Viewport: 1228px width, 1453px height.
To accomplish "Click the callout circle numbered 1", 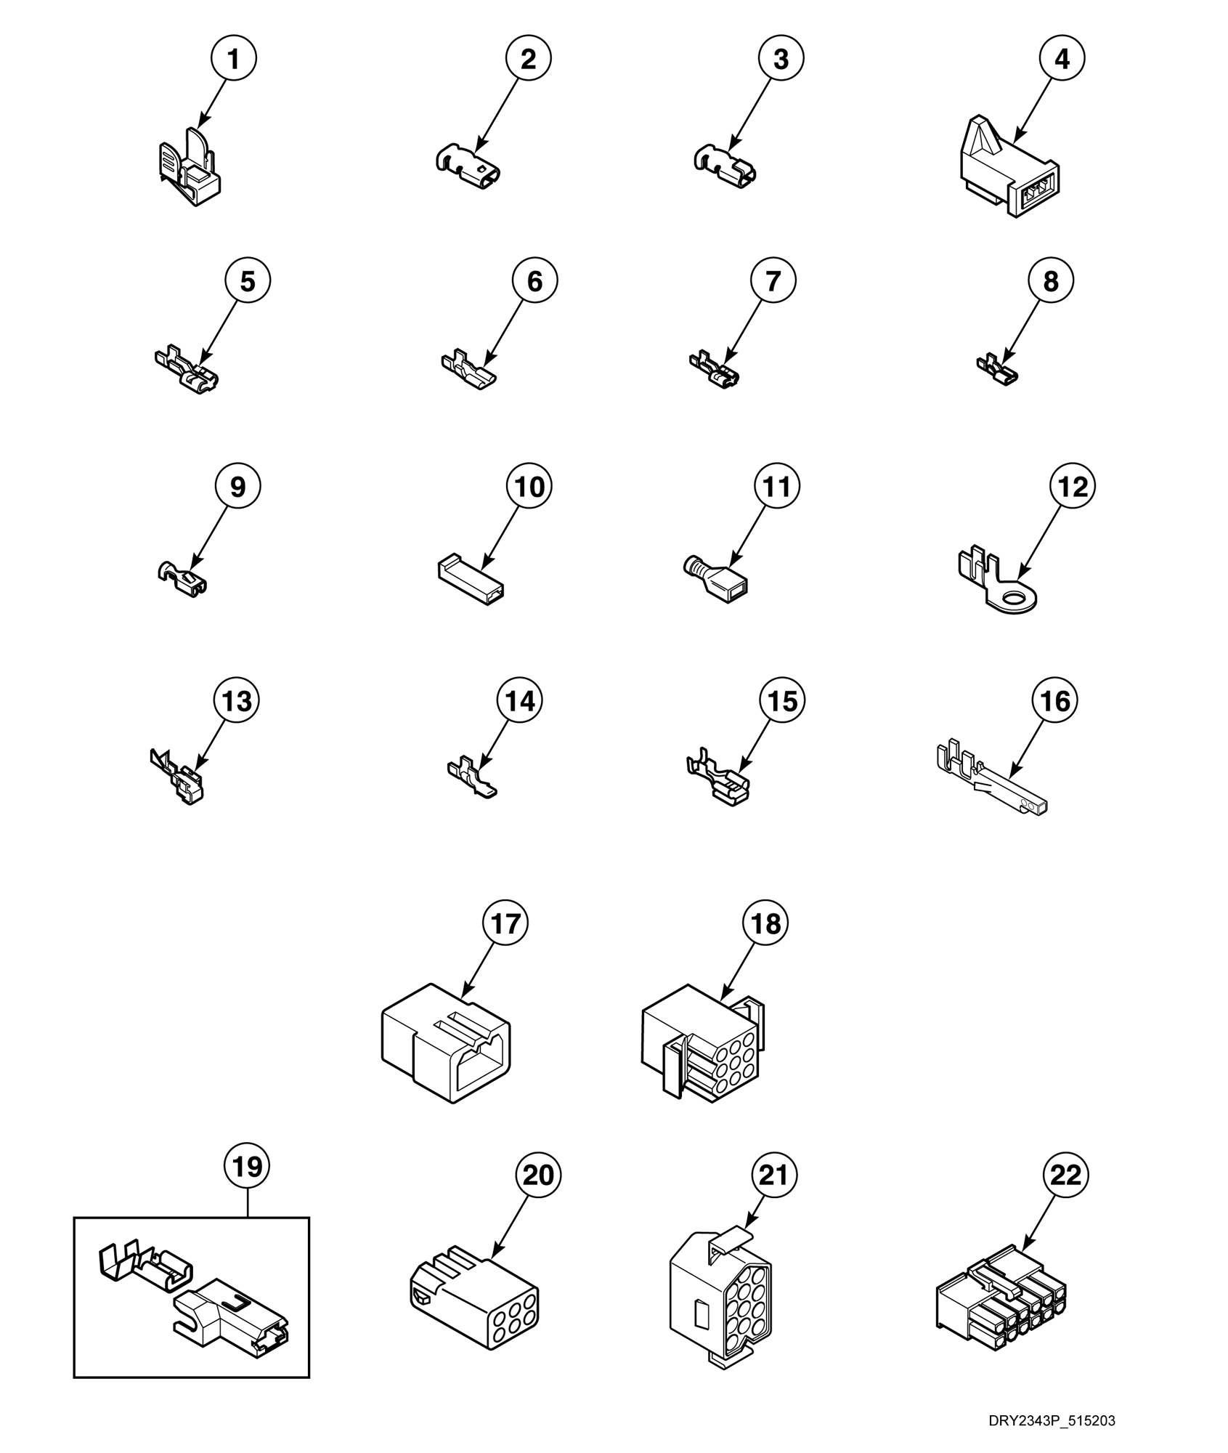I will (x=233, y=59).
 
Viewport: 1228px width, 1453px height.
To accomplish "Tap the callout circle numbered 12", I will (x=1073, y=486).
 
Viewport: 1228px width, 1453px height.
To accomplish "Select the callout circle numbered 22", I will (x=1065, y=1175).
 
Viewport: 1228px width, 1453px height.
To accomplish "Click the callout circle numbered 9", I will (x=237, y=486).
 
